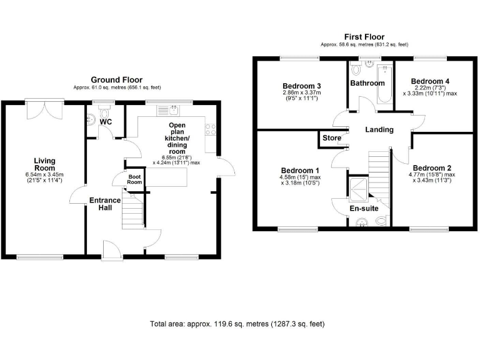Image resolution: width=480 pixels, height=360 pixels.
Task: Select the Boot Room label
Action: click(136, 179)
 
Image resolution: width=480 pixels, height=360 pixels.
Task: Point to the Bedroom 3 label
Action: click(302, 86)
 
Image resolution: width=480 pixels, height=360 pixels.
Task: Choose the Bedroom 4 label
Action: click(429, 81)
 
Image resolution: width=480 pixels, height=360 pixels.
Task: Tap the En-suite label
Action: click(363, 208)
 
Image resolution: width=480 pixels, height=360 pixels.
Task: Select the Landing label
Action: click(380, 130)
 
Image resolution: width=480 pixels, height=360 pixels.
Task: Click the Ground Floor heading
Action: click(116, 80)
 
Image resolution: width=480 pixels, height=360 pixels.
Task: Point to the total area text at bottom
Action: click(237, 324)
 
